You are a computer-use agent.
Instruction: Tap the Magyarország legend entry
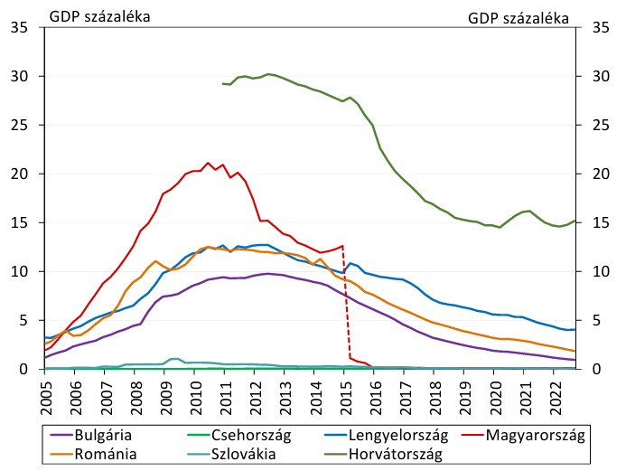(x=535, y=436)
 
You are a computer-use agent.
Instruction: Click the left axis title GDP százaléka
(x=100, y=16)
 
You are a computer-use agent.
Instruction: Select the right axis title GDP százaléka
(x=519, y=16)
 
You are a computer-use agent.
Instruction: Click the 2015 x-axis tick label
(x=344, y=395)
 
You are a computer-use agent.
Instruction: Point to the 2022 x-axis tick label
(x=552, y=395)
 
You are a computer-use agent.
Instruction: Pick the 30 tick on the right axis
(x=596, y=77)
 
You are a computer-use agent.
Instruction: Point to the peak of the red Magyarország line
(x=208, y=164)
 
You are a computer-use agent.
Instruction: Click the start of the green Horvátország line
(x=222, y=83)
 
